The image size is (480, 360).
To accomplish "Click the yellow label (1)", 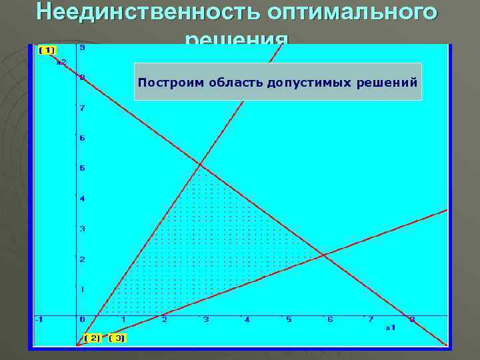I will pyautogui.click(x=47, y=50).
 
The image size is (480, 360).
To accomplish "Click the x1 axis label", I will pyautogui.click(x=391, y=327).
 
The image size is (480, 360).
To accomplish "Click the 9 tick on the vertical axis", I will pyautogui.click(x=82, y=48).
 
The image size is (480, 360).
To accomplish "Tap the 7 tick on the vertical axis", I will pyautogui.click(x=82, y=108).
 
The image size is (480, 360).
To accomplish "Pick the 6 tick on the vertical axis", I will pyautogui.click(x=82, y=138).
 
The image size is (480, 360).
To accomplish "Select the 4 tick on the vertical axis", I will pyautogui.click(x=82, y=199).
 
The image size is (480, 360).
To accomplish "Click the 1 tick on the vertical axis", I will pyautogui.click(x=82, y=289).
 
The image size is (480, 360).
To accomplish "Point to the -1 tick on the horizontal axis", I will pyautogui.click(x=39, y=320).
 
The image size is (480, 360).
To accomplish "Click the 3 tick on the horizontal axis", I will pyautogui.click(x=206, y=320).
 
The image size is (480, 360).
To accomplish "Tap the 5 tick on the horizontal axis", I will pyautogui.click(x=289, y=320).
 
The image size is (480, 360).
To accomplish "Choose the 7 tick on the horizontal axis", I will pyautogui.click(x=371, y=320).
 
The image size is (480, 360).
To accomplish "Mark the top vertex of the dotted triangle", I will pyautogui.click(x=200, y=164).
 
